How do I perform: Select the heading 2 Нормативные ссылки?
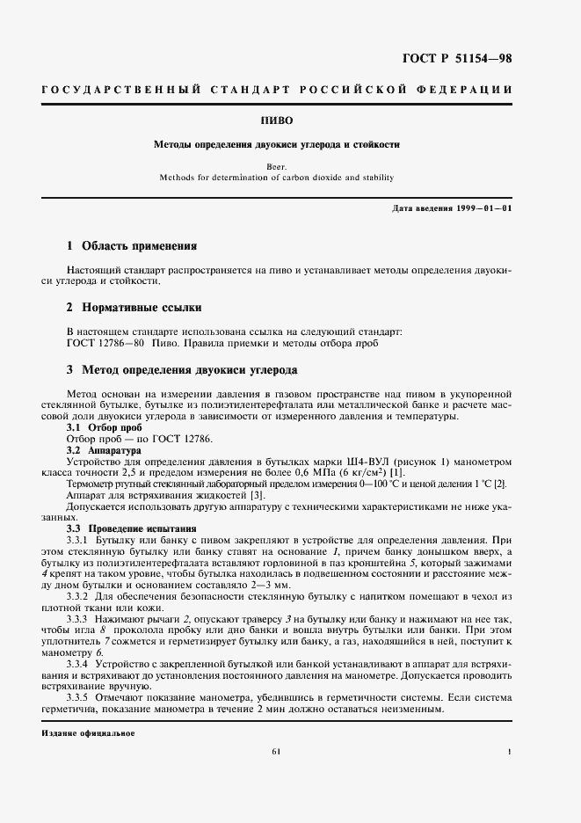(134, 308)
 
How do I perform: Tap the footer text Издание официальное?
(87, 732)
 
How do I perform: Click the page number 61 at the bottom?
(276, 751)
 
